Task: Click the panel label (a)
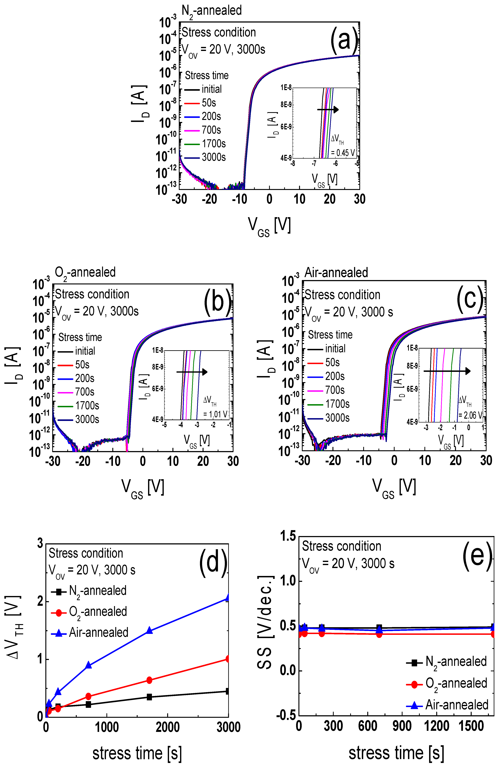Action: [344, 41]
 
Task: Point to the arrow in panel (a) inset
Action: [328, 110]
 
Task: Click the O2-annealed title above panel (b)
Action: [85, 273]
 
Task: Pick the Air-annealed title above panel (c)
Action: [336, 273]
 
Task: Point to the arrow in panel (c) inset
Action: [447, 371]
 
